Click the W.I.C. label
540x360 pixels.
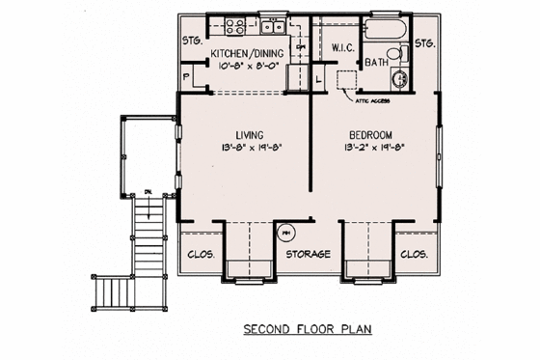pos(345,46)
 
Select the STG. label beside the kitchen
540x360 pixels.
pos(192,41)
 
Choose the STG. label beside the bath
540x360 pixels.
pos(424,44)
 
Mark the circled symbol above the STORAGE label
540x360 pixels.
pos(285,233)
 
